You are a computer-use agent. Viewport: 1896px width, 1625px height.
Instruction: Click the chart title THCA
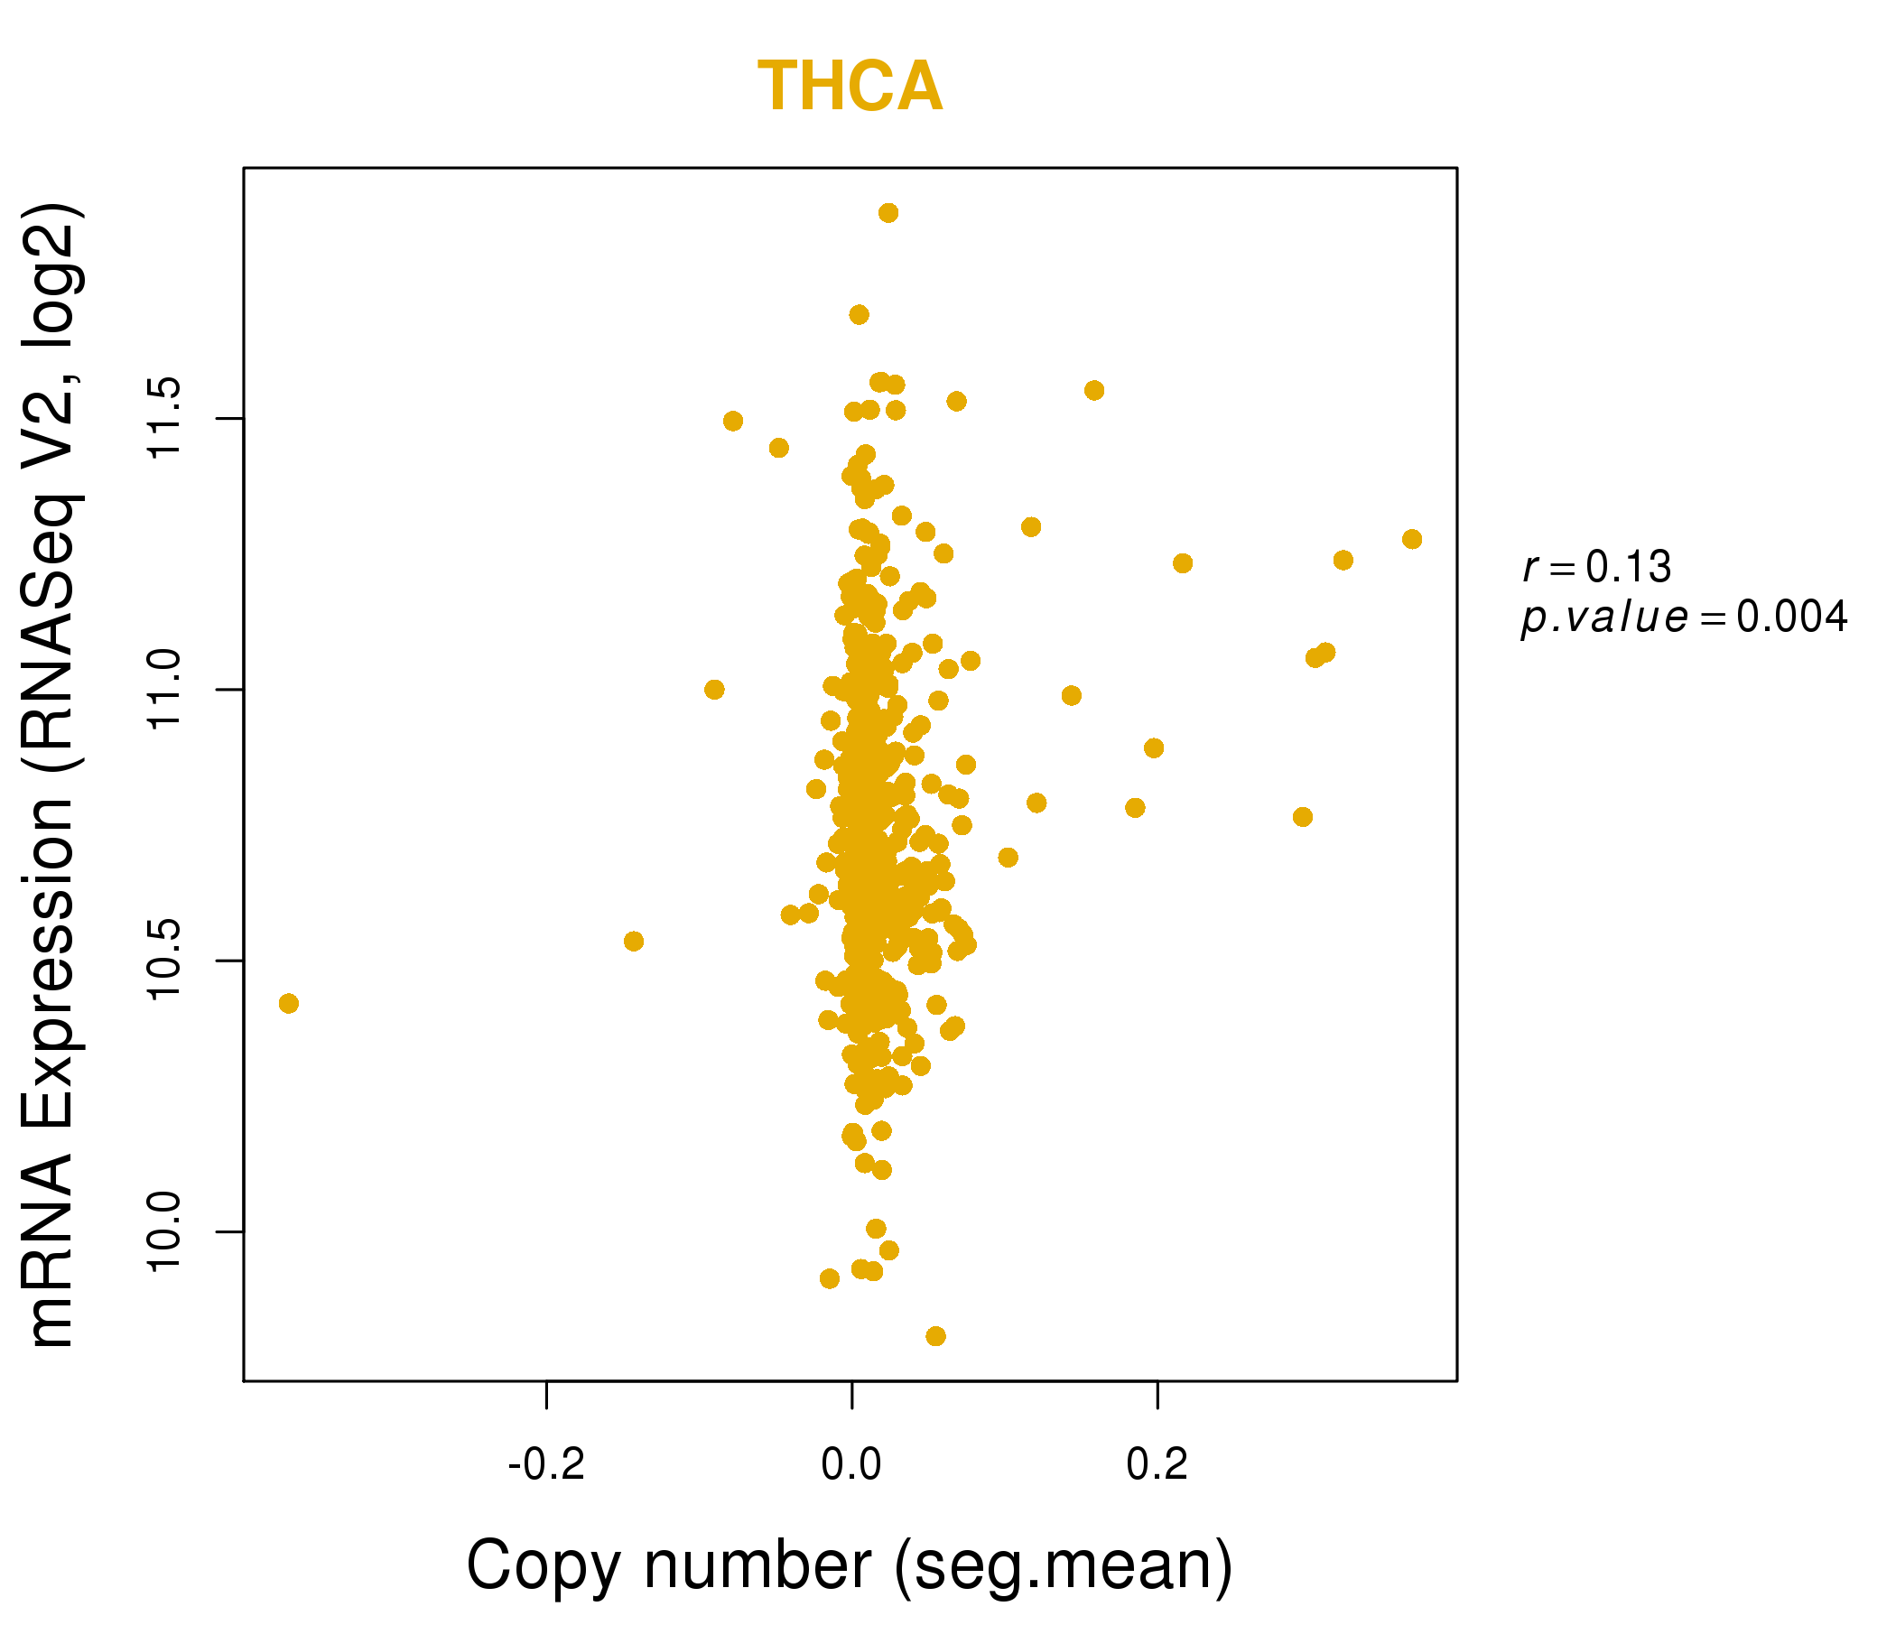click(850, 88)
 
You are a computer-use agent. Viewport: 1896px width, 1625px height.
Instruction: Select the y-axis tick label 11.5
click(166, 418)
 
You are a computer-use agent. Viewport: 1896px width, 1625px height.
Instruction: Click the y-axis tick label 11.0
click(166, 689)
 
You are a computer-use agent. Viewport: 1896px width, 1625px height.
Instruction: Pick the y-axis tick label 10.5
click(166, 961)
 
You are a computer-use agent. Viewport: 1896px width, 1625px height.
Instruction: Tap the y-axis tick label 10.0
click(166, 1231)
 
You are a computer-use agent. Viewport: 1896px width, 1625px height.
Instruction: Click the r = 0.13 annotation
click(1597, 567)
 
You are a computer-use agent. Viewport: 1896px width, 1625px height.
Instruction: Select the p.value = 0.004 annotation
click(1684, 617)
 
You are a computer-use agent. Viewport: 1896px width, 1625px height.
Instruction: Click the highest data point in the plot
click(888, 213)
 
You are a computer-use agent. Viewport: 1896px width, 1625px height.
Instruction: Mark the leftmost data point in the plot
click(288, 1004)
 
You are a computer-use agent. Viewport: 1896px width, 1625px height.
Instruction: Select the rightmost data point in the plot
click(1412, 539)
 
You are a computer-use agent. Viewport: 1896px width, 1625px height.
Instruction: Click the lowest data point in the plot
click(935, 1336)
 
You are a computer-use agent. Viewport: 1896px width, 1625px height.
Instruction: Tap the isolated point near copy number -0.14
click(633, 942)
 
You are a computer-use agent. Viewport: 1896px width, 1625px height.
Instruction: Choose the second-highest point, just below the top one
click(859, 315)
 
